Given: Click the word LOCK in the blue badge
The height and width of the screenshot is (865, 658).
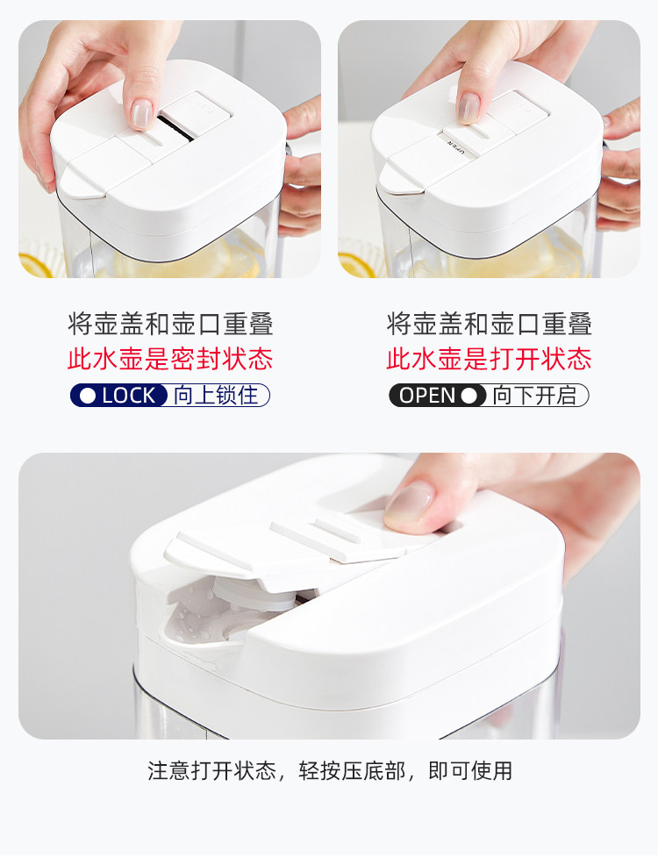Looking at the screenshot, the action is (128, 396).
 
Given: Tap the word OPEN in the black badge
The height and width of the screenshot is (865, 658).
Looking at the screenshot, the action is (427, 396).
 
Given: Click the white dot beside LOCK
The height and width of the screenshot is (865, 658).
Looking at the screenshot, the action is (88, 396).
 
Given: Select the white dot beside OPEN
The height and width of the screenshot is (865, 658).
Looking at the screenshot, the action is (469, 396).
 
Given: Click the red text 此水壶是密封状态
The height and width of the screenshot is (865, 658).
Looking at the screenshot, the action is (170, 359).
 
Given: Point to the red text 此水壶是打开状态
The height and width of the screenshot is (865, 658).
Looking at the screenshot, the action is (489, 359).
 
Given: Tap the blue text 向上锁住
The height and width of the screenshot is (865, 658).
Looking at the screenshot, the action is (216, 396).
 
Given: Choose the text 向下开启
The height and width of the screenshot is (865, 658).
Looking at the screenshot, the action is (534, 396).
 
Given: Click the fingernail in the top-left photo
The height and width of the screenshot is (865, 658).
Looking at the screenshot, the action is (141, 114).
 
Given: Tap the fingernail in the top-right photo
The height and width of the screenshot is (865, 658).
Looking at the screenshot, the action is (468, 108).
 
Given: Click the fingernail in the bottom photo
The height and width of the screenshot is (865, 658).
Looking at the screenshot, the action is (408, 505).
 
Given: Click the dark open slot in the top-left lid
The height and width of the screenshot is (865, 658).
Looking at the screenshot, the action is (177, 128).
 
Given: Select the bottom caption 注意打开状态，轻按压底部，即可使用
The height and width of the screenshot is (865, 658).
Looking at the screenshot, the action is (329, 770).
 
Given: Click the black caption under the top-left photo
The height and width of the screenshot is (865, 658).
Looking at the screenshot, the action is (170, 324).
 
